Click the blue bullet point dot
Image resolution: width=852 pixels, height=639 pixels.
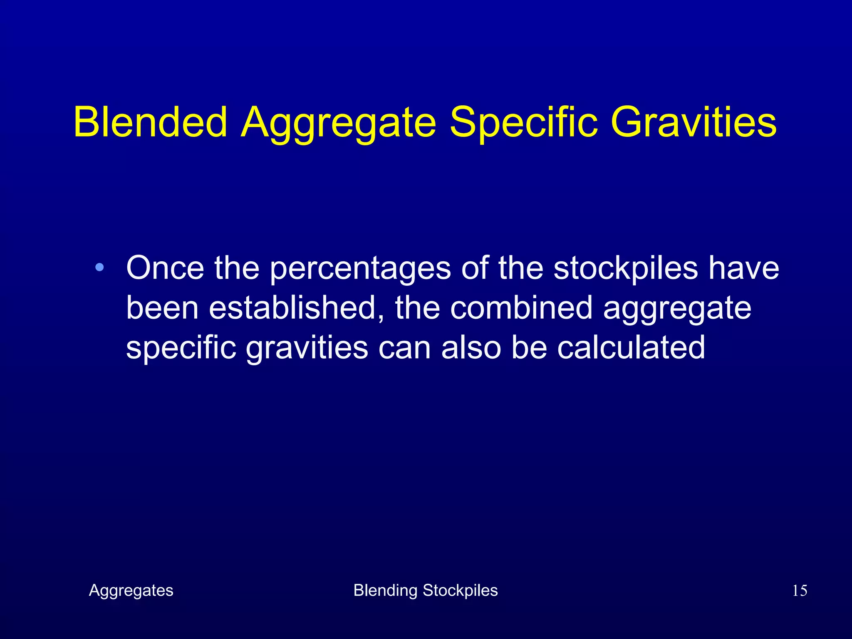(x=99, y=267)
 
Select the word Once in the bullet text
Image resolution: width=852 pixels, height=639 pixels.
(x=165, y=268)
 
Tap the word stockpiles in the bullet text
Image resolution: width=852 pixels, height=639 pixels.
(x=626, y=268)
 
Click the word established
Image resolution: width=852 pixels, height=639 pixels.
(x=296, y=308)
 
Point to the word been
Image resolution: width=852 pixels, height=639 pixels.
(x=162, y=308)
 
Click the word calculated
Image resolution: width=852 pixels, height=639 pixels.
(x=631, y=347)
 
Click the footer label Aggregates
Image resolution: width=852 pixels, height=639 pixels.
(x=131, y=591)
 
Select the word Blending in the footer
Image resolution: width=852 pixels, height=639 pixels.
(x=385, y=591)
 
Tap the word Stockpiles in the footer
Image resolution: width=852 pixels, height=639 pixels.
(x=460, y=591)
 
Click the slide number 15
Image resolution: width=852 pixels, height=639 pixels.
(x=799, y=591)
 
